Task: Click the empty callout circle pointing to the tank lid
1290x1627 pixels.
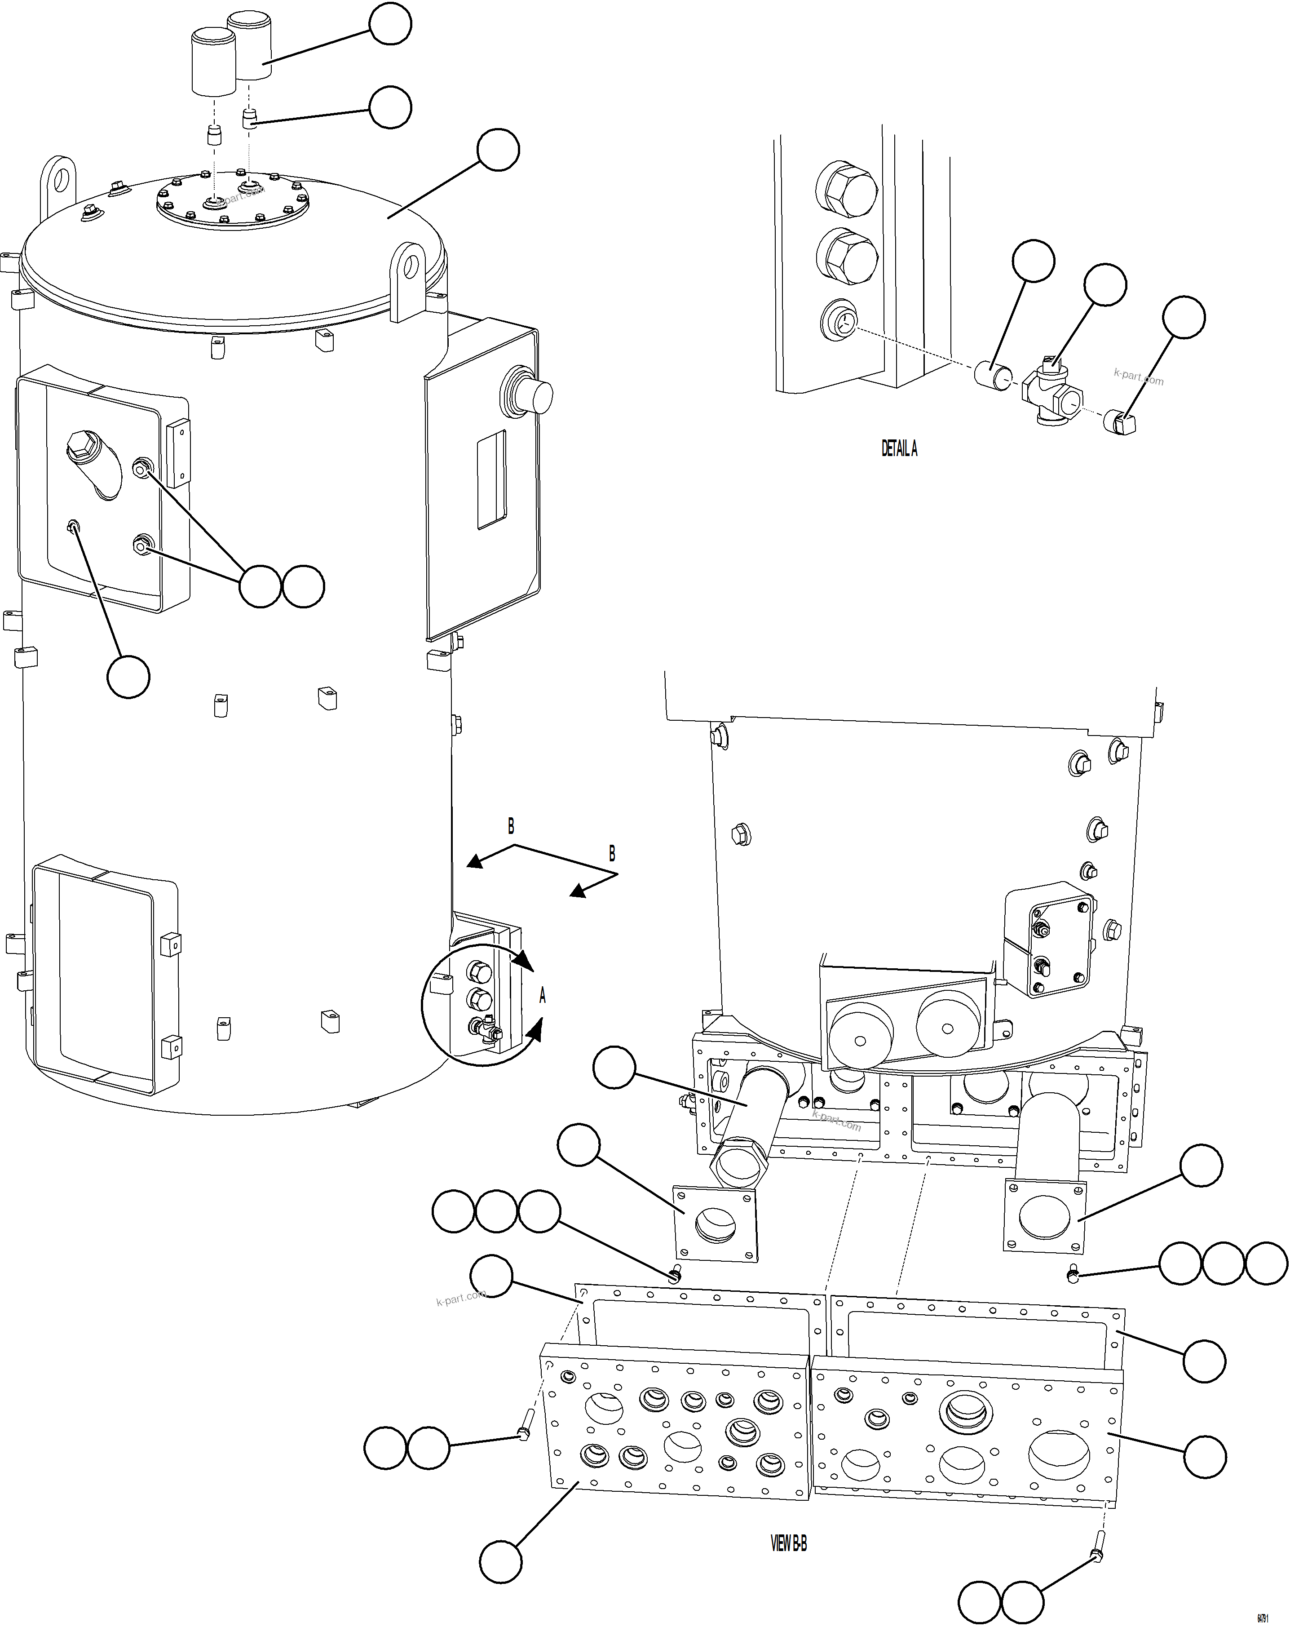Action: pos(498,150)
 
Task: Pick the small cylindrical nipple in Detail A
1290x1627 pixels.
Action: pos(992,375)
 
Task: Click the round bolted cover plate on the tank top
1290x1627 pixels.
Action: pos(233,201)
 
